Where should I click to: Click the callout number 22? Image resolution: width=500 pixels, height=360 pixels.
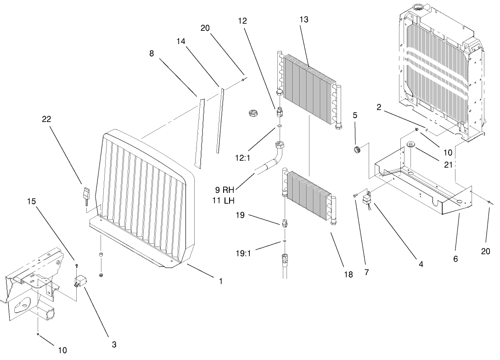point(46,119)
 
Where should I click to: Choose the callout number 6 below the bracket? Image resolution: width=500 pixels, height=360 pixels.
point(455,259)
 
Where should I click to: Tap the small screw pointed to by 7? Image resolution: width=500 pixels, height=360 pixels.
point(355,196)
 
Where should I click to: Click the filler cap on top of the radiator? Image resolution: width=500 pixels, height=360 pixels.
point(419,7)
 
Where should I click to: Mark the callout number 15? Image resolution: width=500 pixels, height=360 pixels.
point(31,202)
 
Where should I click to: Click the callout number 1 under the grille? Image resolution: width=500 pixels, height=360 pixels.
point(220,281)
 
